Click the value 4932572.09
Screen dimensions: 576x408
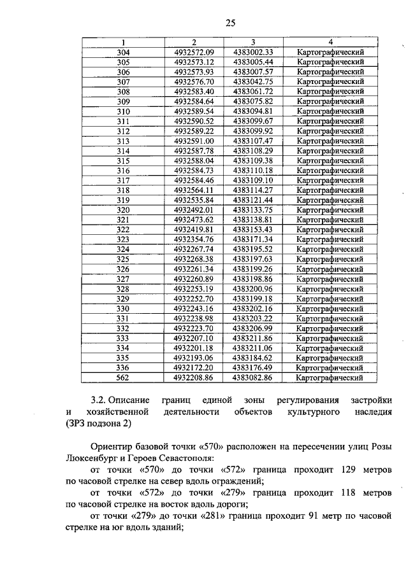click(194, 52)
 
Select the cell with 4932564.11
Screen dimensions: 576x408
click(194, 190)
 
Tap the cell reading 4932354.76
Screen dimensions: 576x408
click(194, 239)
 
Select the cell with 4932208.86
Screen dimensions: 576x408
click(194, 377)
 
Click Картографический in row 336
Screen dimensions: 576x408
click(330, 367)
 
